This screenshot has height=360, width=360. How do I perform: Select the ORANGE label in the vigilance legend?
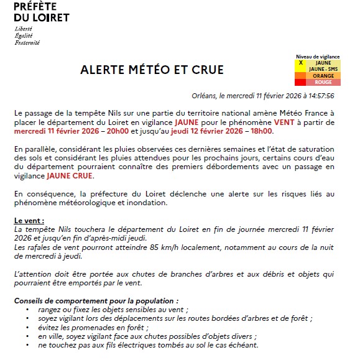pos(323,76)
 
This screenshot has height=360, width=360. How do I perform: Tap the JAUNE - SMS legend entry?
pos(323,69)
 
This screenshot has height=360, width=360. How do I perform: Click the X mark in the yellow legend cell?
pos(300,63)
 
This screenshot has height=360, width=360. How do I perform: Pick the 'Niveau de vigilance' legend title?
pos(318,57)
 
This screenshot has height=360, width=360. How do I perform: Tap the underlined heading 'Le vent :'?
pos(30,221)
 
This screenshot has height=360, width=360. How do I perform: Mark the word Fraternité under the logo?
pos(27,43)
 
